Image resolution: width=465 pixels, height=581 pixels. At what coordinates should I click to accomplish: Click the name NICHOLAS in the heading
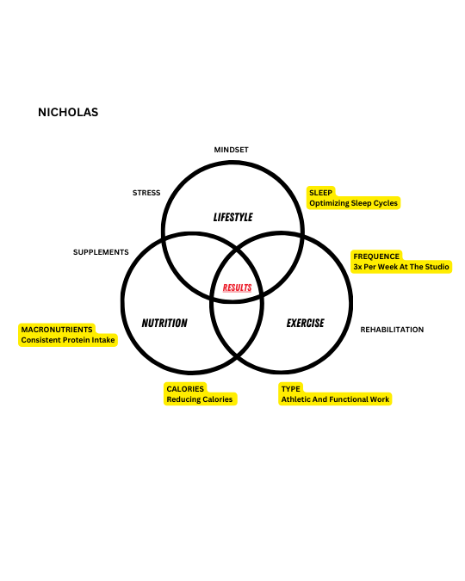click(x=68, y=112)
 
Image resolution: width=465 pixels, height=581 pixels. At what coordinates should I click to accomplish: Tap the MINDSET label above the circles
click(x=231, y=150)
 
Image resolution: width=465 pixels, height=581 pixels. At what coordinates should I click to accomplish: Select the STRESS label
click(x=146, y=193)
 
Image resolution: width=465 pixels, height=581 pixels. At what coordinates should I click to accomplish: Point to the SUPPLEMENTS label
click(x=101, y=252)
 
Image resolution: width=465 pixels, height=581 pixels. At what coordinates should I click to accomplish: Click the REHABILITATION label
click(x=392, y=330)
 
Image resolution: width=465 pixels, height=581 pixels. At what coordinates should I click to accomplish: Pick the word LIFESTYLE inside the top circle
click(x=232, y=217)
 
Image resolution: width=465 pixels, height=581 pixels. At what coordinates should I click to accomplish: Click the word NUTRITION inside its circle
click(x=164, y=323)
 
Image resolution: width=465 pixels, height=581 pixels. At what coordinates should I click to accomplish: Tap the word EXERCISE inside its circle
click(x=305, y=323)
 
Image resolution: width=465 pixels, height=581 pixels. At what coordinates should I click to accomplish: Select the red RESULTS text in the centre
click(x=237, y=287)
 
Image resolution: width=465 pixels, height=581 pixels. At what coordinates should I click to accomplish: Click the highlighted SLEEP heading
click(x=320, y=193)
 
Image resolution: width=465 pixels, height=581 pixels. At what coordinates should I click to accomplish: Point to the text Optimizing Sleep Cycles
click(x=353, y=203)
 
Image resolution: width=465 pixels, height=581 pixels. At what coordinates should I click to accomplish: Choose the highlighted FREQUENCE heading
click(x=376, y=257)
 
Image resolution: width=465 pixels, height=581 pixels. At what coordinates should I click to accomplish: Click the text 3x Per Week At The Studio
click(x=401, y=267)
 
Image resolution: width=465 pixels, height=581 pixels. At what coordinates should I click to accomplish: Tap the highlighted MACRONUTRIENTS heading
click(x=57, y=330)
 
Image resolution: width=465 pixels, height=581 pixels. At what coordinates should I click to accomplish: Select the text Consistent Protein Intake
click(x=68, y=340)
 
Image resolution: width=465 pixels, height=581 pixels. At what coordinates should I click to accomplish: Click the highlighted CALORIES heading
click(x=185, y=389)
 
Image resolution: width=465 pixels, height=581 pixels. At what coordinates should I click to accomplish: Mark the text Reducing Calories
click(x=200, y=399)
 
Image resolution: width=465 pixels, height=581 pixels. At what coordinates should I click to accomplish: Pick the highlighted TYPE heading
click(x=291, y=389)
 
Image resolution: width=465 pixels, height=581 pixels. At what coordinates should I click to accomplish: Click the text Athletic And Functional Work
click(x=335, y=399)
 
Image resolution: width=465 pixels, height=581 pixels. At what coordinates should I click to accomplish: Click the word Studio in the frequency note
click(x=437, y=267)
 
